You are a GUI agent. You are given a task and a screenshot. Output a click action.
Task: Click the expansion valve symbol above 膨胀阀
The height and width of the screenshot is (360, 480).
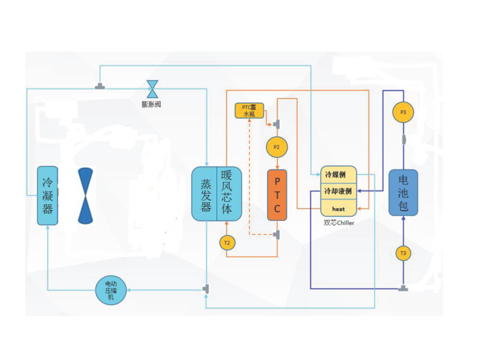pos(152,89)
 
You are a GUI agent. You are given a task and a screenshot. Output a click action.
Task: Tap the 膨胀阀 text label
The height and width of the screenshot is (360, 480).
pos(151,104)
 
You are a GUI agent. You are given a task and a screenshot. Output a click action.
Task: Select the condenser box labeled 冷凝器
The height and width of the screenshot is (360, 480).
pos(48,196)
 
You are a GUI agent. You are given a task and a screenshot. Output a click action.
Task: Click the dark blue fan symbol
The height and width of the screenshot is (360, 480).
pos(85,196)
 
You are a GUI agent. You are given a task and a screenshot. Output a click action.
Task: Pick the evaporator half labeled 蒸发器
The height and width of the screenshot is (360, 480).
pos(204,194)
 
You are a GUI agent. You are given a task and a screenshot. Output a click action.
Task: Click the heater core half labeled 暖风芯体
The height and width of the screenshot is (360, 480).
pos(229,194)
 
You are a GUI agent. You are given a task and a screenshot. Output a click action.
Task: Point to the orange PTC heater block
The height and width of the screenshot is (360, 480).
pos(277,195)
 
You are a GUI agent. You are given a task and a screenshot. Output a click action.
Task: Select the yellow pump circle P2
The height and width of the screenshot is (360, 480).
pos(277,147)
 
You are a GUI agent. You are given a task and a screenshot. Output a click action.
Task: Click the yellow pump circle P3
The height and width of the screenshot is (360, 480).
pos(403,112)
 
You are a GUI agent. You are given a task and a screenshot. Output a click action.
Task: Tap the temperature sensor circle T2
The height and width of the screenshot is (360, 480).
pos(227,243)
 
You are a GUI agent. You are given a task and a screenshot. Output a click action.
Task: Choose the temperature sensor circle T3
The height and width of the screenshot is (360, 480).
pos(403,253)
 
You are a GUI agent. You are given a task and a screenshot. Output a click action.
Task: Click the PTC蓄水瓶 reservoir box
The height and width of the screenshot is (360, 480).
pos(249,111)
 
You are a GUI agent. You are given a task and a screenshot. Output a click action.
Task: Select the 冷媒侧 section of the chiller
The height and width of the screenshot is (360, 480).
pos(339,175)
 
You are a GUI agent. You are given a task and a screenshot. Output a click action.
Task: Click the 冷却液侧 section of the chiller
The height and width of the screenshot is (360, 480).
pos(339,191)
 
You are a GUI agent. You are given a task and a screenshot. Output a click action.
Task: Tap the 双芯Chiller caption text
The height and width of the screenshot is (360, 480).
pos(339,223)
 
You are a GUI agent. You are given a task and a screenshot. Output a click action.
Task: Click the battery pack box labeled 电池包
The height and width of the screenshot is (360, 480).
pos(403,193)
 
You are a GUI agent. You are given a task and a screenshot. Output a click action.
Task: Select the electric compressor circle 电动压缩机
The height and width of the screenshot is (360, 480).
pos(111,290)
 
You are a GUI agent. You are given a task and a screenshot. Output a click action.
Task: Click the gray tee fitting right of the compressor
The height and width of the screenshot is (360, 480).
pos(206,289)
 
